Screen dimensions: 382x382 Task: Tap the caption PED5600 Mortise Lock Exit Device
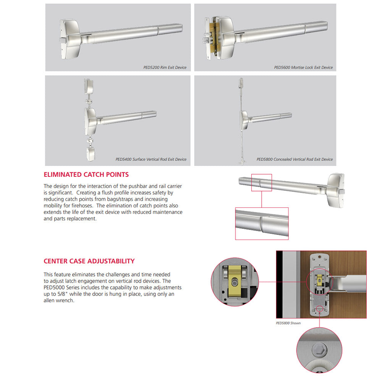303,68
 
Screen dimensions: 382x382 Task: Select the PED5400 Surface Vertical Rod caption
151,159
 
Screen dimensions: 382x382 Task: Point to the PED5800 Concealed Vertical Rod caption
295,159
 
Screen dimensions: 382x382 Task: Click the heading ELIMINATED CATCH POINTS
86,175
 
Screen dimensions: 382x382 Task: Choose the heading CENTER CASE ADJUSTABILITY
89,261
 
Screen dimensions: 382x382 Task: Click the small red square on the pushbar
261,183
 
